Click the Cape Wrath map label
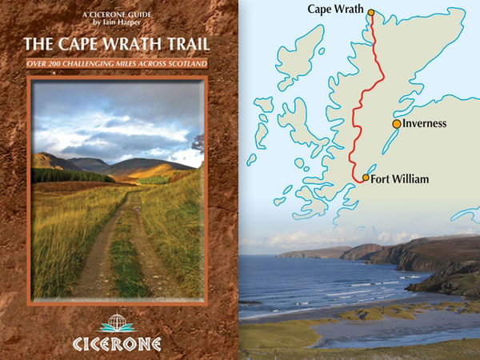[x=334, y=10]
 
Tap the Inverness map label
[x=424, y=124]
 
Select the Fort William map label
[x=400, y=179]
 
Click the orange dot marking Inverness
[x=397, y=124]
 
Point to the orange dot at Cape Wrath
[x=371, y=11]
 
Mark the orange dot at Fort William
[x=366, y=178]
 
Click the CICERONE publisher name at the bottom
[x=120, y=344]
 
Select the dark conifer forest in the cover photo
[x=72, y=175]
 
